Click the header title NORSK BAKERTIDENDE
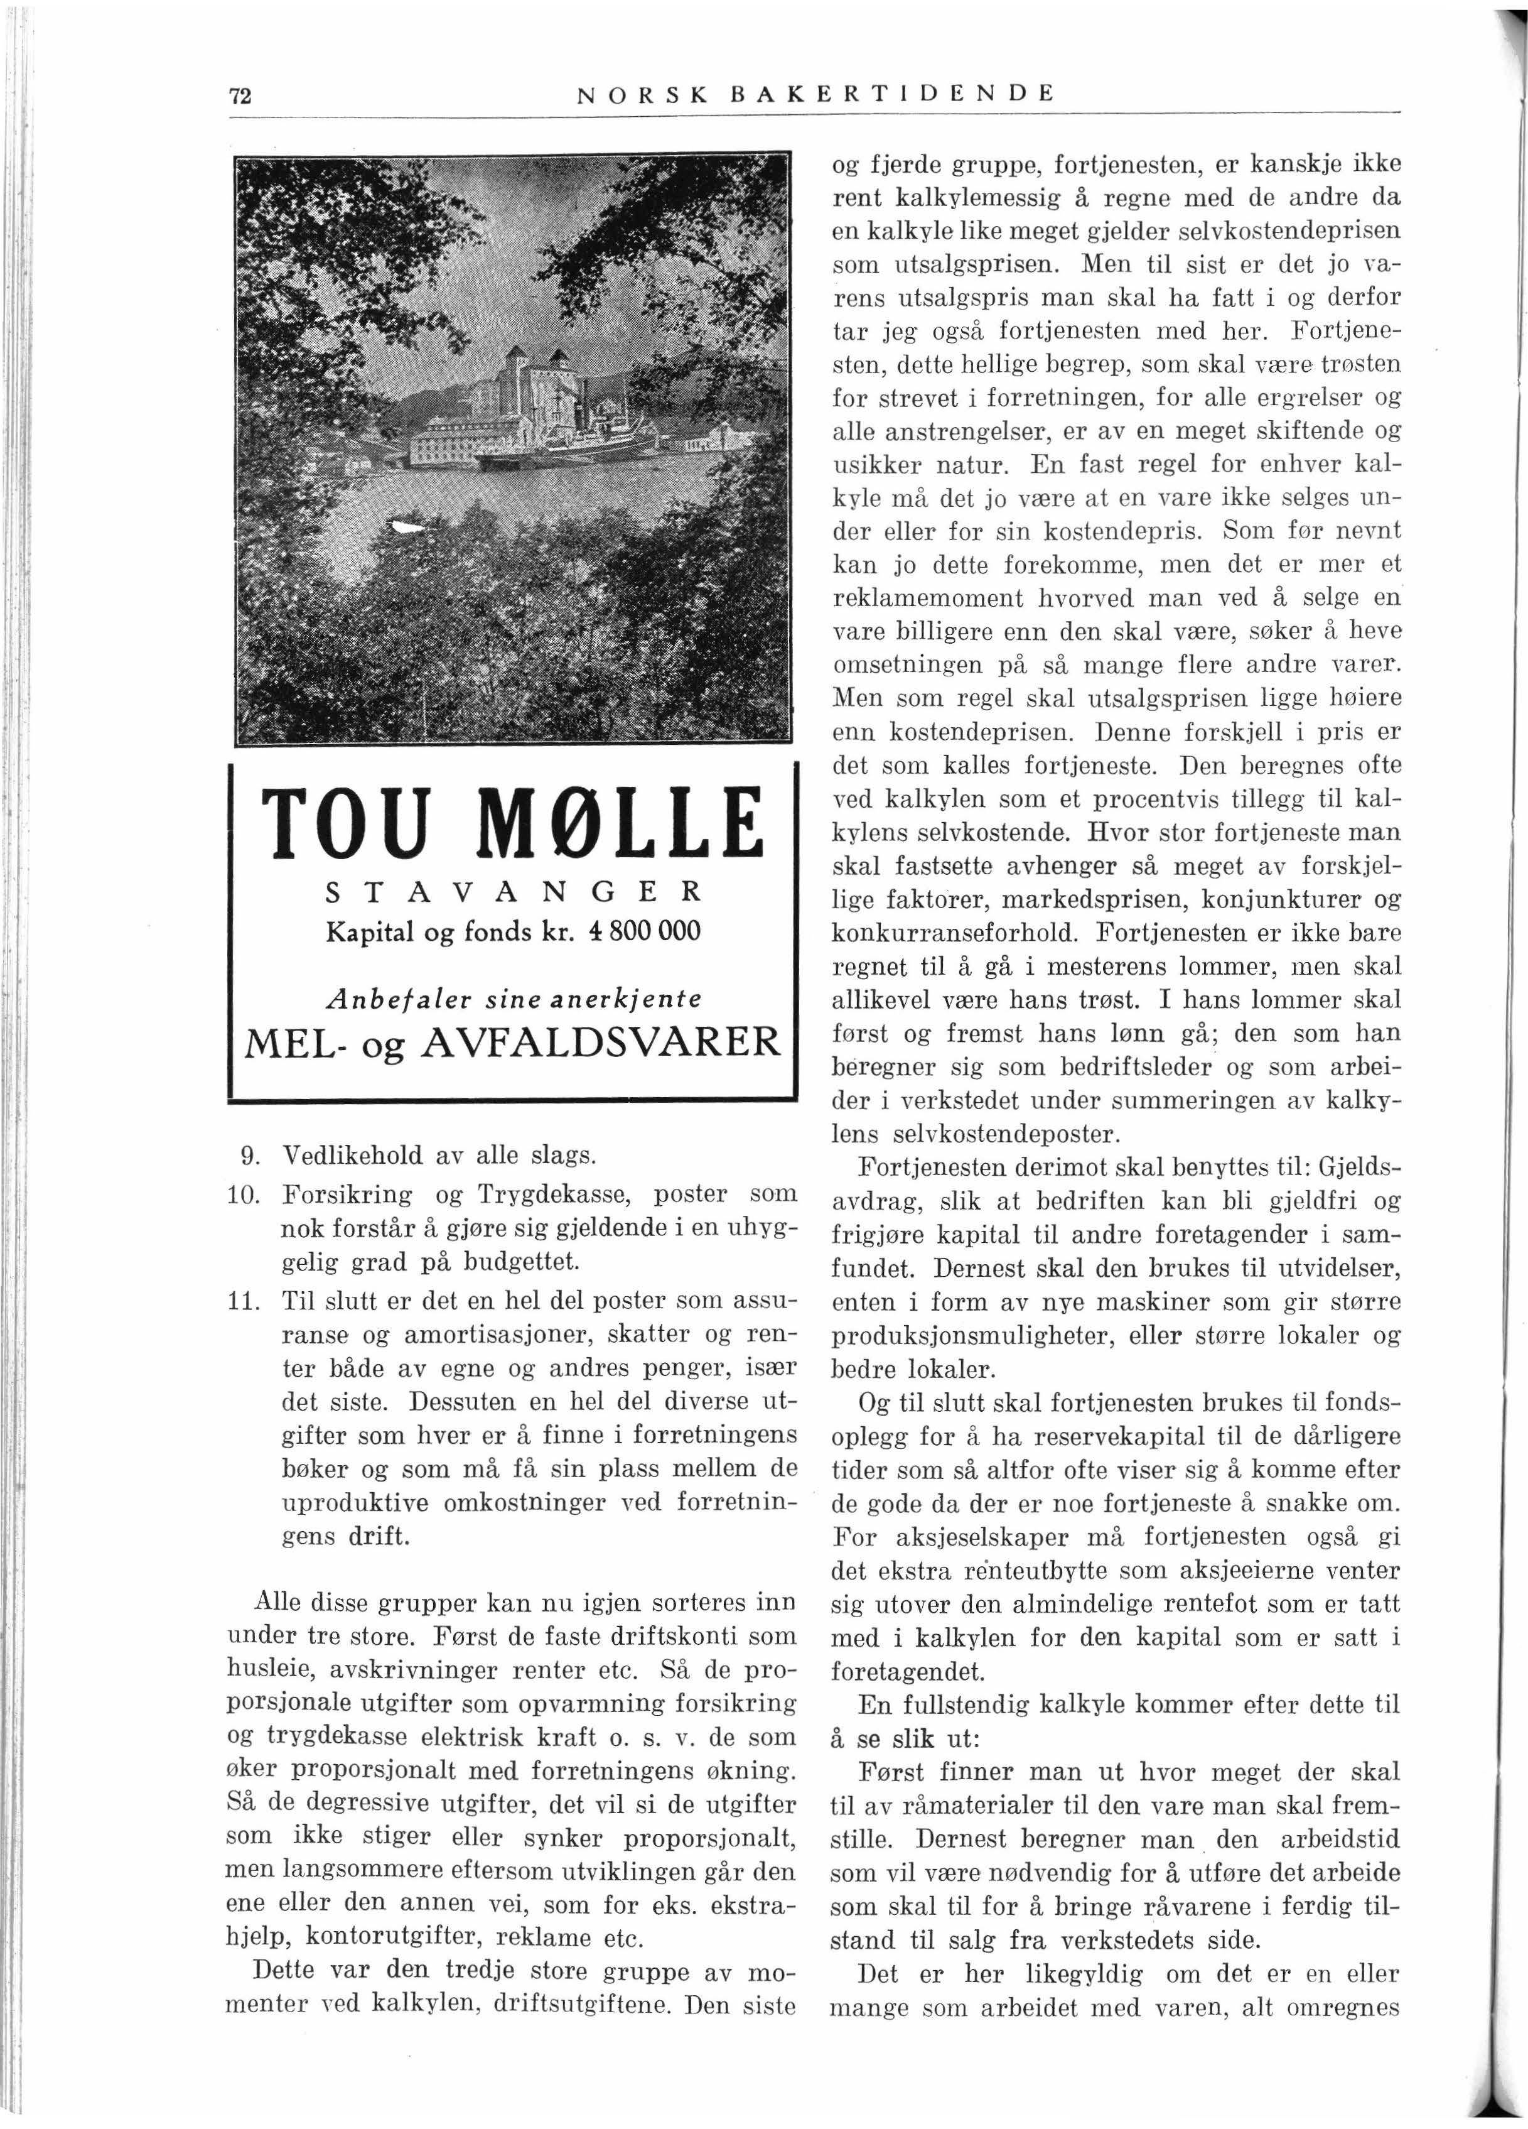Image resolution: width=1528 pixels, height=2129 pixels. [x=815, y=94]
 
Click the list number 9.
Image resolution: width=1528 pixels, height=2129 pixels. [x=252, y=1153]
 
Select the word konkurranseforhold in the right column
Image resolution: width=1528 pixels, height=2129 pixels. [x=957, y=934]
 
